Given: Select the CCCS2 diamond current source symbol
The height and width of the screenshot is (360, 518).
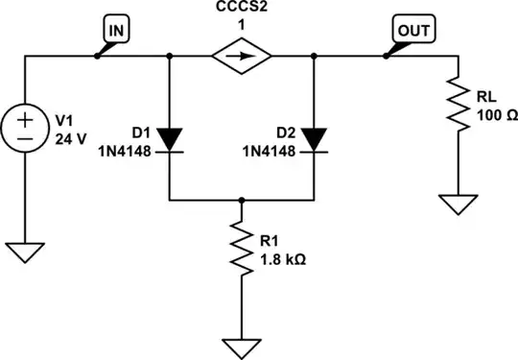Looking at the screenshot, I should click(x=242, y=57).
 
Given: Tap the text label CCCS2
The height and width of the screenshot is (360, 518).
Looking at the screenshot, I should click(x=242, y=10).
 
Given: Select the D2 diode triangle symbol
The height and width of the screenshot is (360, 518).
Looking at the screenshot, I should click(x=315, y=139).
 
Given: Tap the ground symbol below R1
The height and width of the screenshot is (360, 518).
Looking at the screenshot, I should click(x=242, y=344).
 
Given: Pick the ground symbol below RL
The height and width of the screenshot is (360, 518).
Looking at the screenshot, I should click(x=459, y=203).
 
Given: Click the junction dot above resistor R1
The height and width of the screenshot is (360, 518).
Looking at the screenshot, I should click(x=242, y=202).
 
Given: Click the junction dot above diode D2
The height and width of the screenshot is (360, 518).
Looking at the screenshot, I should click(x=315, y=57).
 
